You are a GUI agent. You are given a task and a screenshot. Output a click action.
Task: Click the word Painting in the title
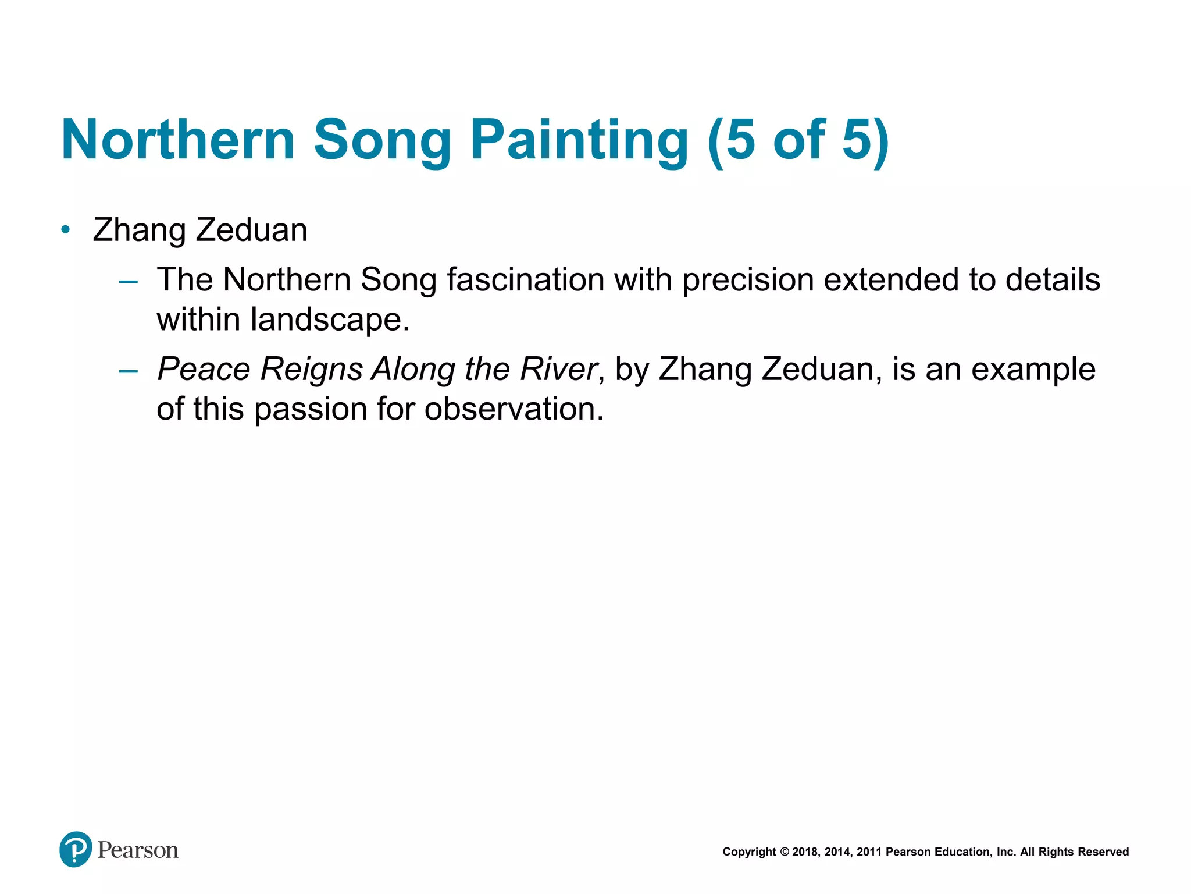pyautogui.click(x=579, y=140)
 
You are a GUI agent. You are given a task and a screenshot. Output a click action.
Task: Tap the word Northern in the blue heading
pyautogui.click(x=178, y=140)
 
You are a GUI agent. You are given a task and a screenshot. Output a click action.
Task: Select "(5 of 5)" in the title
pyautogui.click(x=798, y=140)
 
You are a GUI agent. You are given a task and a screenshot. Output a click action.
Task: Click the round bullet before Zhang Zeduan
pyautogui.click(x=66, y=230)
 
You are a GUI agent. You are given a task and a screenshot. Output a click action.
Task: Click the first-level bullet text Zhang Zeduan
pyautogui.click(x=200, y=230)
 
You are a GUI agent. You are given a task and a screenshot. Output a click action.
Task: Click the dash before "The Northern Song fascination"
pyautogui.click(x=128, y=282)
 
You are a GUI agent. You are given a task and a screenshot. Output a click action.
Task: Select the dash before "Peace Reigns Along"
pyautogui.click(x=128, y=371)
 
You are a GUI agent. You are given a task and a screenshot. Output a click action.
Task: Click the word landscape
pyautogui.click(x=330, y=320)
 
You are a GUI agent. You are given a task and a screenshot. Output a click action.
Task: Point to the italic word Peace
pyautogui.click(x=204, y=369)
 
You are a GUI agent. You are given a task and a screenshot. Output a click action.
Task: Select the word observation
pyautogui.click(x=514, y=409)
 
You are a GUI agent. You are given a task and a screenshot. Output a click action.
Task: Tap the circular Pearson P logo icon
pyautogui.click(x=76, y=849)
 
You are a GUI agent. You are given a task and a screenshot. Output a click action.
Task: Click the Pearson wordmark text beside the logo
pyautogui.click(x=138, y=850)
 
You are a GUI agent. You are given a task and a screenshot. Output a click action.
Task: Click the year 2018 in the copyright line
pyautogui.click(x=805, y=852)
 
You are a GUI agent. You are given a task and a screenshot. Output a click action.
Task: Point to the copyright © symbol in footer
pyautogui.click(x=785, y=852)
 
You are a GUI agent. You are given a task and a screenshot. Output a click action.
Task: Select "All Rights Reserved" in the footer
pyautogui.click(x=1074, y=852)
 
